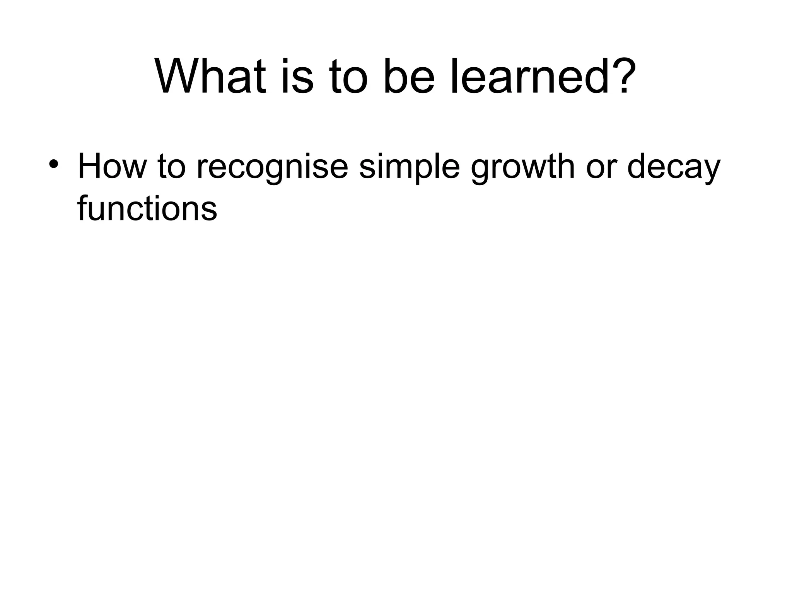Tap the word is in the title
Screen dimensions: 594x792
pos(297,76)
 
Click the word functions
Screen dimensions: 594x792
pos(147,208)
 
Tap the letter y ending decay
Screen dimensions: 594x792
pos(712,170)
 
